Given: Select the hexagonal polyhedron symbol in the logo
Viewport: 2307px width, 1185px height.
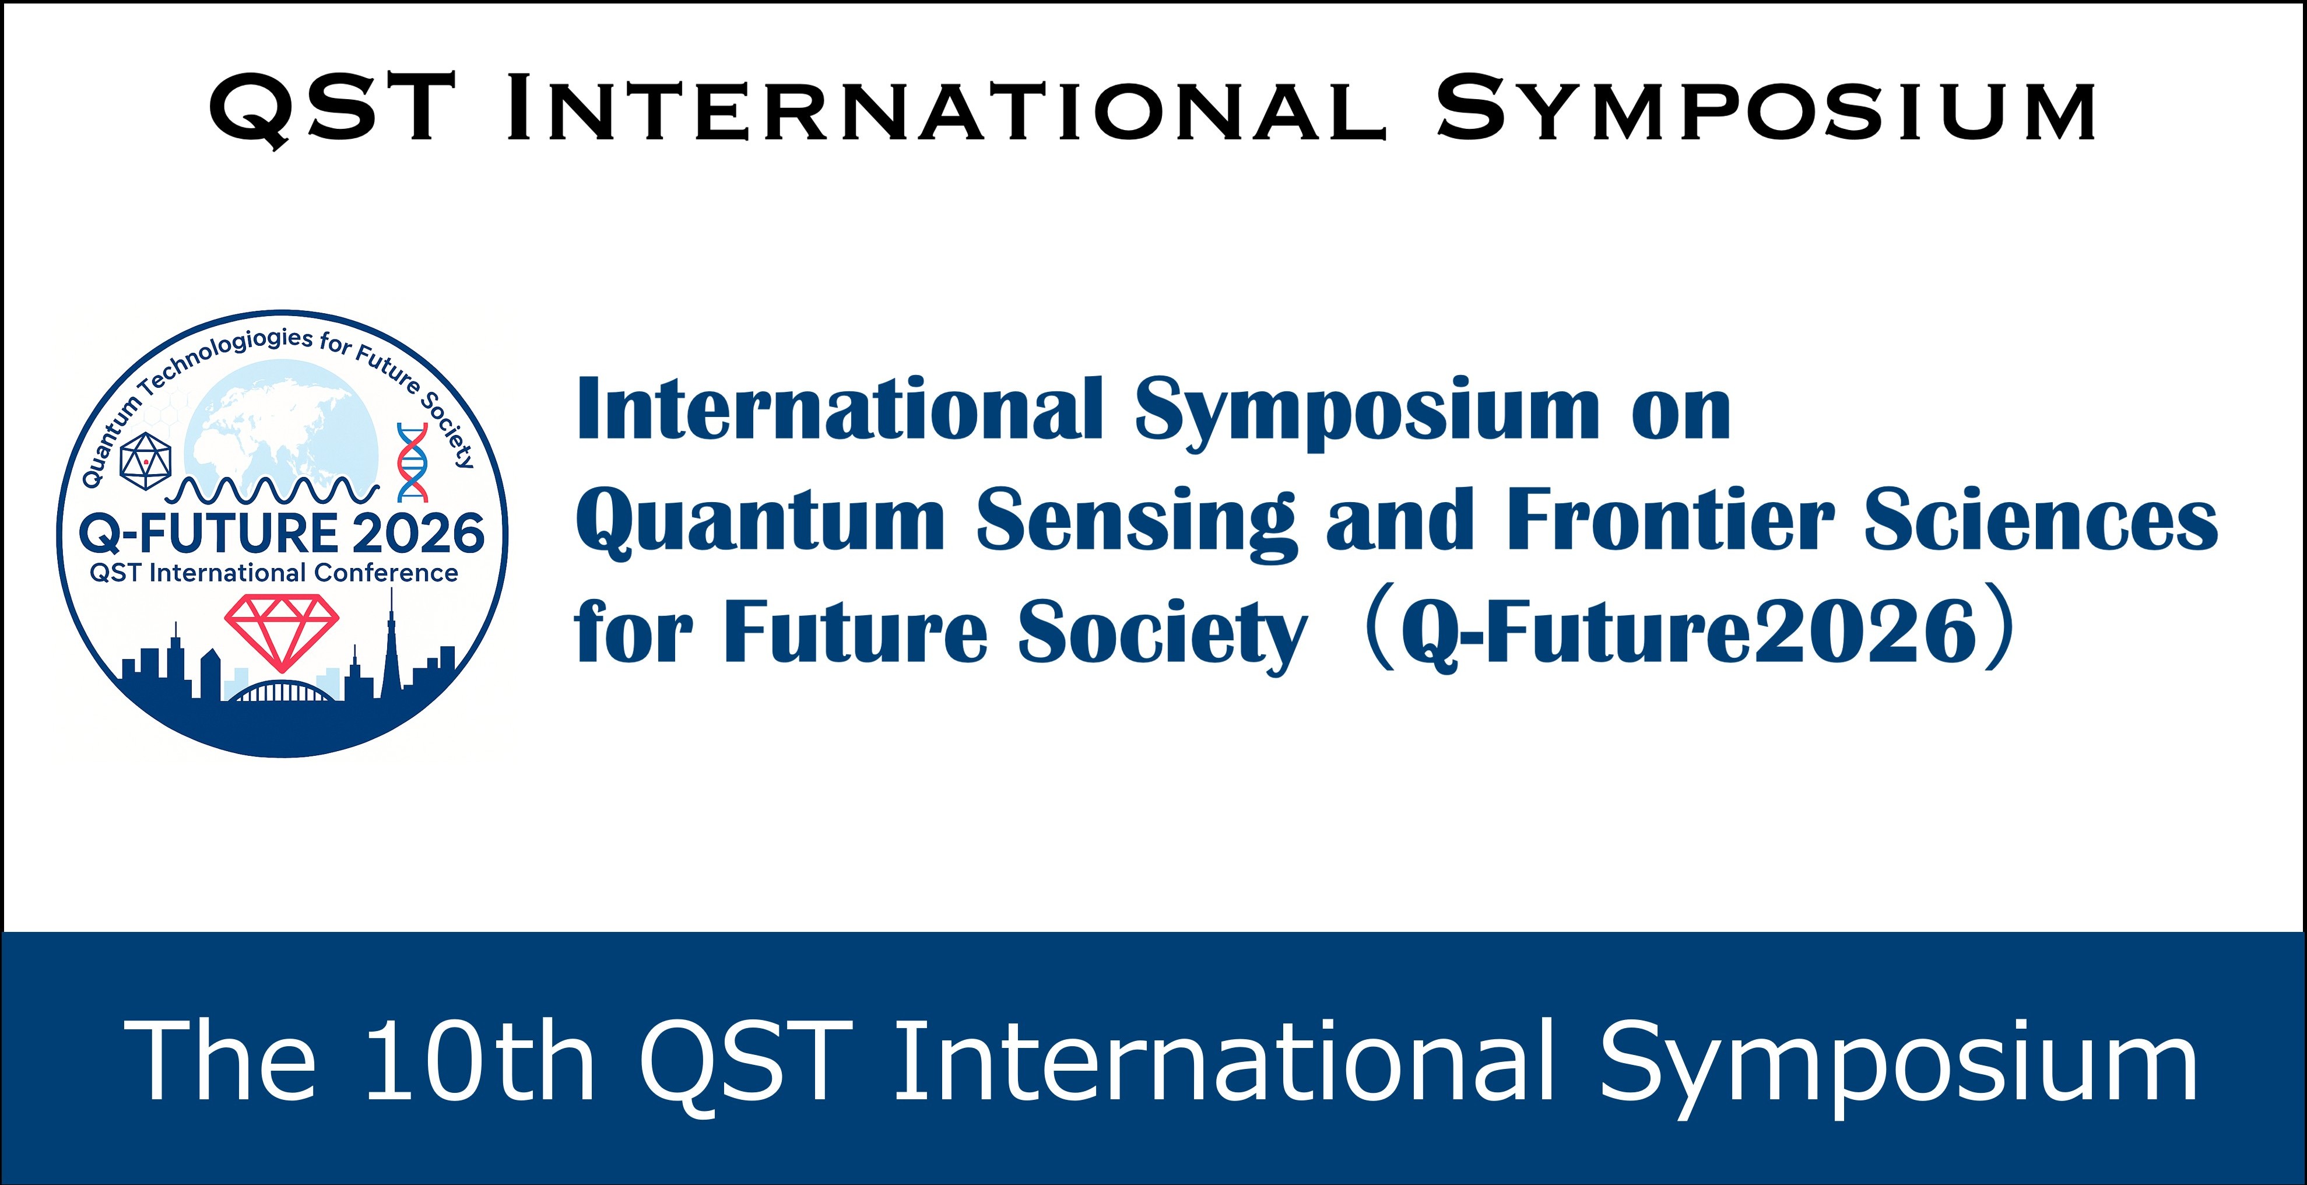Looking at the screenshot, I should [145, 461].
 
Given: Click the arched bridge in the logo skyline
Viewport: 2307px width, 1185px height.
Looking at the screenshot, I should [282, 692].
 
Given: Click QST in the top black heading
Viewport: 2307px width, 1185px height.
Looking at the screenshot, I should [331, 109].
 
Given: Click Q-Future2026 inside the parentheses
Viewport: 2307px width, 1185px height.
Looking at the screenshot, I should [1688, 632].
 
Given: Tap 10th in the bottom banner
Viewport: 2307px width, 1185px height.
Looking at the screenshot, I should [480, 1063].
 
